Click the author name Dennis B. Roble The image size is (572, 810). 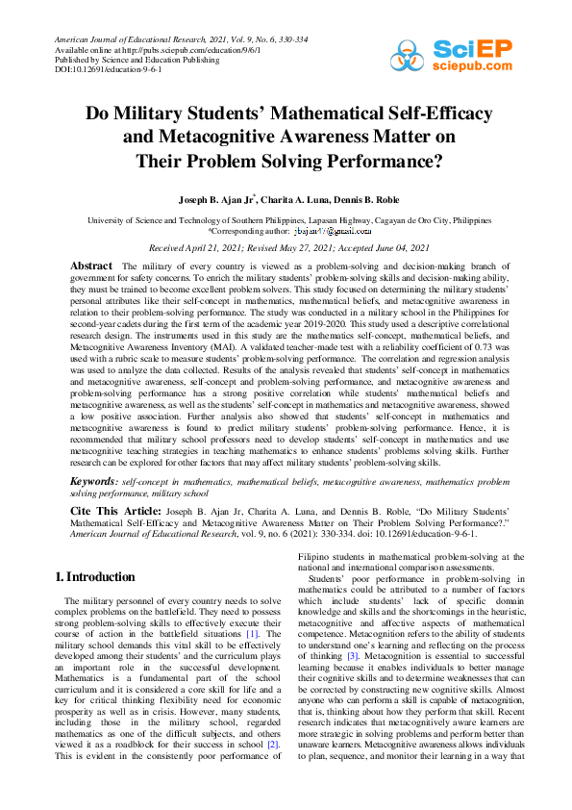tap(363, 199)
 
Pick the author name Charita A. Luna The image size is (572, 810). tap(291, 199)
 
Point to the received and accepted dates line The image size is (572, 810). tap(286, 247)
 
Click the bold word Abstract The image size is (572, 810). tap(91, 266)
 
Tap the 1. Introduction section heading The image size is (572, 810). tap(94, 577)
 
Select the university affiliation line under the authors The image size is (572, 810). tap(286, 219)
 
